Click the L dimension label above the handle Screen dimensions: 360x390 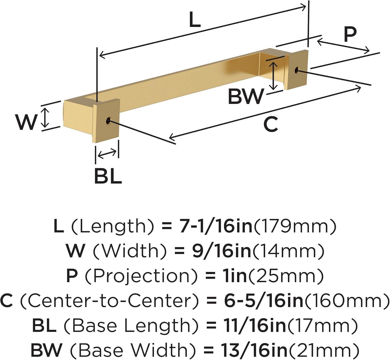tap(195, 20)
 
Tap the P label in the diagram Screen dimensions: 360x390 tap(350, 35)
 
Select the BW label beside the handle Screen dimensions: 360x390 tap(246, 96)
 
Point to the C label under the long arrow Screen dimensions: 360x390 tap(271, 124)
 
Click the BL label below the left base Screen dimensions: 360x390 tap(108, 176)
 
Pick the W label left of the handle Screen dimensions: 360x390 tap(26, 122)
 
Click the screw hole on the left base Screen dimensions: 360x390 tap(108, 120)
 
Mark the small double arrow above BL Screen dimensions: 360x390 tap(107, 154)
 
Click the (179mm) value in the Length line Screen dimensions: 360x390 tap(295, 226)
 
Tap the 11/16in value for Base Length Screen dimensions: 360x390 tap(255, 325)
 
